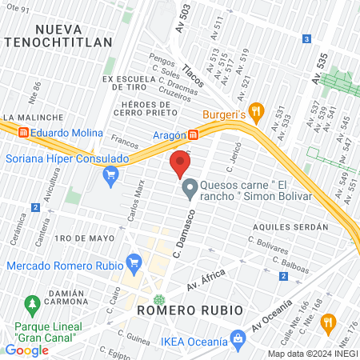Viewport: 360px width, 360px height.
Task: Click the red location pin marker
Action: (179, 165)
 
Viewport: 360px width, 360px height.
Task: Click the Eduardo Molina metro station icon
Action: (24, 133)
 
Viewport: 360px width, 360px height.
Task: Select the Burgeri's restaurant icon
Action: (256, 110)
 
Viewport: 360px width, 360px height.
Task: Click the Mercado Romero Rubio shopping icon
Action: (134, 262)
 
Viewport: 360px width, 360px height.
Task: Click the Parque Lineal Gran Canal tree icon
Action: (32, 305)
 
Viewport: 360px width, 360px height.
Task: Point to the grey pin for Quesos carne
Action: (190, 190)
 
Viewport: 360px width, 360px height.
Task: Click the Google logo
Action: (26, 350)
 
